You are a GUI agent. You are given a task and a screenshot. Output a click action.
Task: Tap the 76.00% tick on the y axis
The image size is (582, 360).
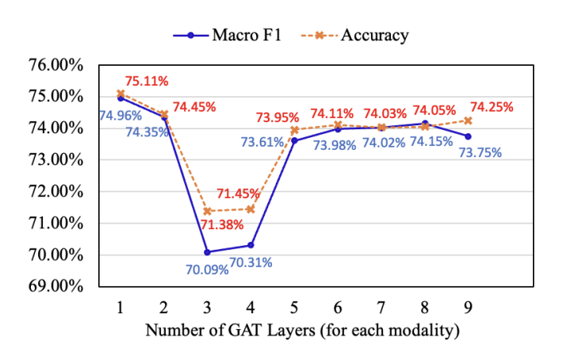(x=61, y=65)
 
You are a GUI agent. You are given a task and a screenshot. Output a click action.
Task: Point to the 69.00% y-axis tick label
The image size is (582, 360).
(x=61, y=285)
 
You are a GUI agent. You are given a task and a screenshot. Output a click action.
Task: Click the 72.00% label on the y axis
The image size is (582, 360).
(x=61, y=191)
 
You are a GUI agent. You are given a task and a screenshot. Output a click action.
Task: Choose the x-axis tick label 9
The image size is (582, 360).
(x=468, y=305)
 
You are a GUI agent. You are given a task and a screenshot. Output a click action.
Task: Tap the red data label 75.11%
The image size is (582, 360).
(x=147, y=81)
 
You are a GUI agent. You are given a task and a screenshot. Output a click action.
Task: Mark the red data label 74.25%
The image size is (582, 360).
(x=492, y=106)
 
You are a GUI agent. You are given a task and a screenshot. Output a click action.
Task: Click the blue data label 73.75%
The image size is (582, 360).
(x=480, y=152)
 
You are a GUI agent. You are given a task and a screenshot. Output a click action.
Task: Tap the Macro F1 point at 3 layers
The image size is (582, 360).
(x=207, y=252)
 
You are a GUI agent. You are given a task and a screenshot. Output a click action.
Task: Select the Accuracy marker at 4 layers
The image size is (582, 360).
(x=251, y=209)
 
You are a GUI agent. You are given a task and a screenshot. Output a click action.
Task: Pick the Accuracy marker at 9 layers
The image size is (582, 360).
(x=468, y=121)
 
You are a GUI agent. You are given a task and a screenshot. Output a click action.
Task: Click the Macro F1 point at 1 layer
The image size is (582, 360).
(x=121, y=98)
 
